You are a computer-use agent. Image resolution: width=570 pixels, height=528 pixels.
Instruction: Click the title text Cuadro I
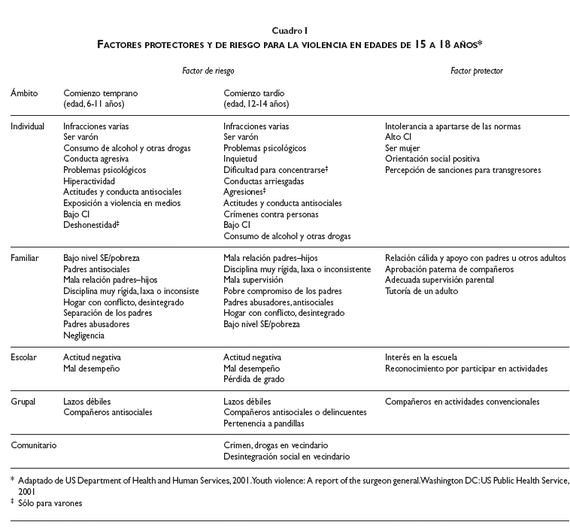pyautogui.click(x=285, y=30)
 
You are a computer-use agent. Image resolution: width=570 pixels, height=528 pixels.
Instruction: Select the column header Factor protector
pyautogui.click(x=477, y=70)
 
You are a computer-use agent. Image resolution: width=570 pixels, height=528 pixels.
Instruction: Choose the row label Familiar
pyautogui.click(x=25, y=257)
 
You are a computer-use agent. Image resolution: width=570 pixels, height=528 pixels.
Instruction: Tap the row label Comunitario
pyautogui.click(x=33, y=445)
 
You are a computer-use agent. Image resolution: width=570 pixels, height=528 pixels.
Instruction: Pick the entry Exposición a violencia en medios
pyautogui.click(x=122, y=203)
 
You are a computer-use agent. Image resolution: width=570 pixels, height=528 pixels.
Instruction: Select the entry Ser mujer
pyautogui.click(x=402, y=148)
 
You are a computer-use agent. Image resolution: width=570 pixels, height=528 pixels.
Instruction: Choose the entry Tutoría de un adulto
pyautogui.click(x=420, y=290)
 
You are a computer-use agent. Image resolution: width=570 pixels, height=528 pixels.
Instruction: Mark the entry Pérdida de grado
pyautogui.click(x=253, y=379)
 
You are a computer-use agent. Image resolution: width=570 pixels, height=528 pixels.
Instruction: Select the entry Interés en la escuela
pyautogui.click(x=420, y=357)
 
